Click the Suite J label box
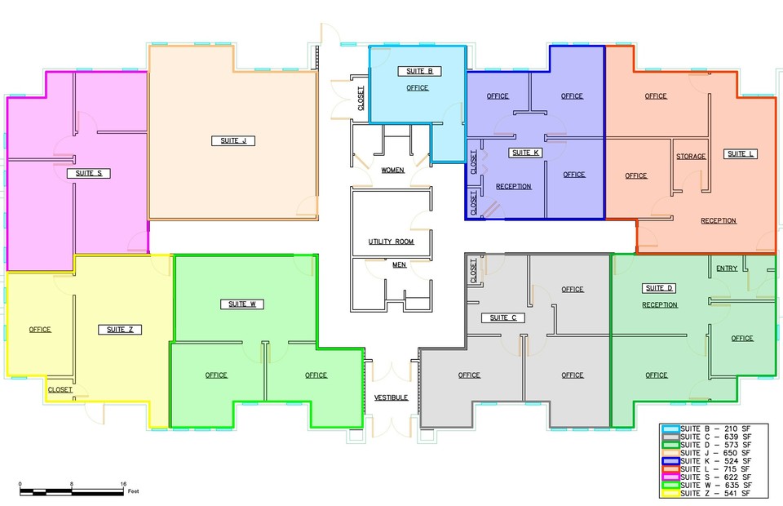[x=233, y=141]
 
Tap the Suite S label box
[x=88, y=173]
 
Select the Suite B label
[x=419, y=72]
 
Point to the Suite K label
[x=525, y=153]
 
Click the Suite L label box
[x=741, y=154]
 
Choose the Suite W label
[x=242, y=304]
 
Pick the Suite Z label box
[x=120, y=330]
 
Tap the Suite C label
[x=503, y=317]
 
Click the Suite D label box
[x=659, y=288]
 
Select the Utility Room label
[x=391, y=242]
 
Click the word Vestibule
[x=391, y=397]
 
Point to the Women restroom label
[x=393, y=171]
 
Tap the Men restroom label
[x=399, y=264]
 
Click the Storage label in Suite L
[x=691, y=157]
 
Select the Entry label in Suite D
[x=727, y=269]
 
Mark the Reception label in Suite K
[x=513, y=186]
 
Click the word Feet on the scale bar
[x=133, y=491]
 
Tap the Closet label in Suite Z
[x=60, y=389]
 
